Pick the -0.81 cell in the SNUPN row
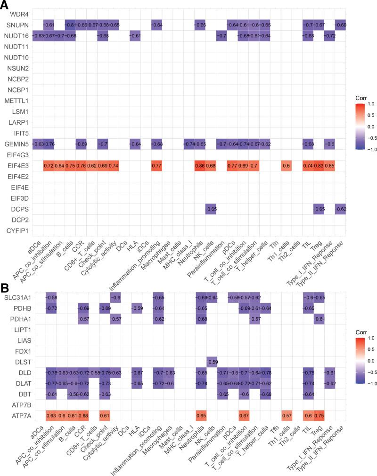point(70,24)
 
